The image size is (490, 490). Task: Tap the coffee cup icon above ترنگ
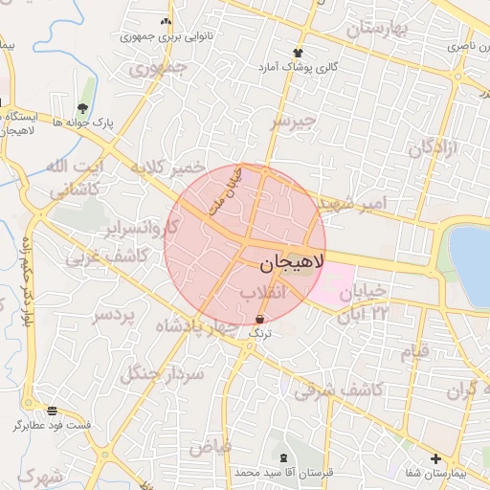[x=260, y=318]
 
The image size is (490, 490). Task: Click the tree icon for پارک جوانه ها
[x=82, y=108]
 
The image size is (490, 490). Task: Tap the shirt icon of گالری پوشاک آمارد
[x=298, y=53]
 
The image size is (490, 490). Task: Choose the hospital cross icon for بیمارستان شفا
[x=436, y=458]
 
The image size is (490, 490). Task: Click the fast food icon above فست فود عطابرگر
[x=52, y=410]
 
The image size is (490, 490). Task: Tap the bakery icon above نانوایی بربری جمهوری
[x=167, y=21]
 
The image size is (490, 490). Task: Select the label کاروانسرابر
[x=144, y=229]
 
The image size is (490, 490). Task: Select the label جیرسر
[x=292, y=122]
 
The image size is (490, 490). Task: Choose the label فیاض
[x=210, y=445]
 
